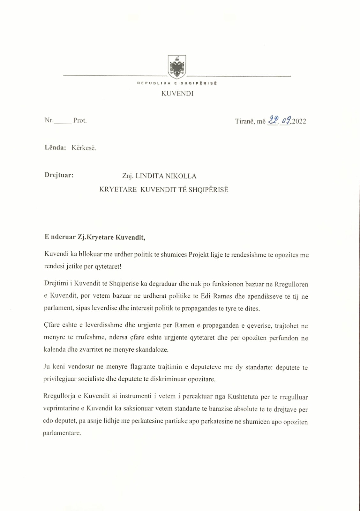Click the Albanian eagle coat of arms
pyautogui.click(x=177, y=67)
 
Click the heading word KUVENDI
pyautogui.click(x=177, y=94)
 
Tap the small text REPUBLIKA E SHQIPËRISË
pyautogui.click(x=177, y=83)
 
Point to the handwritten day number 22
pyautogui.click(x=273, y=120)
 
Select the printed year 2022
pyautogui.click(x=299, y=121)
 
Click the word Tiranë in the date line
pyautogui.click(x=245, y=121)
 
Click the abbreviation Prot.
pyautogui.click(x=80, y=120)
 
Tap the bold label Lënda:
pyautogui.click(x=56, y=148)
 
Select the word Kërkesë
pyautogui.click(x=84, y=148)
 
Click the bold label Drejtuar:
pyautogui.click(x=59, y=175)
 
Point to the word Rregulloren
pyautogui.click(x=291, y=284)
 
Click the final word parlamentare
pyautogui.click(x=62, y=433)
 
